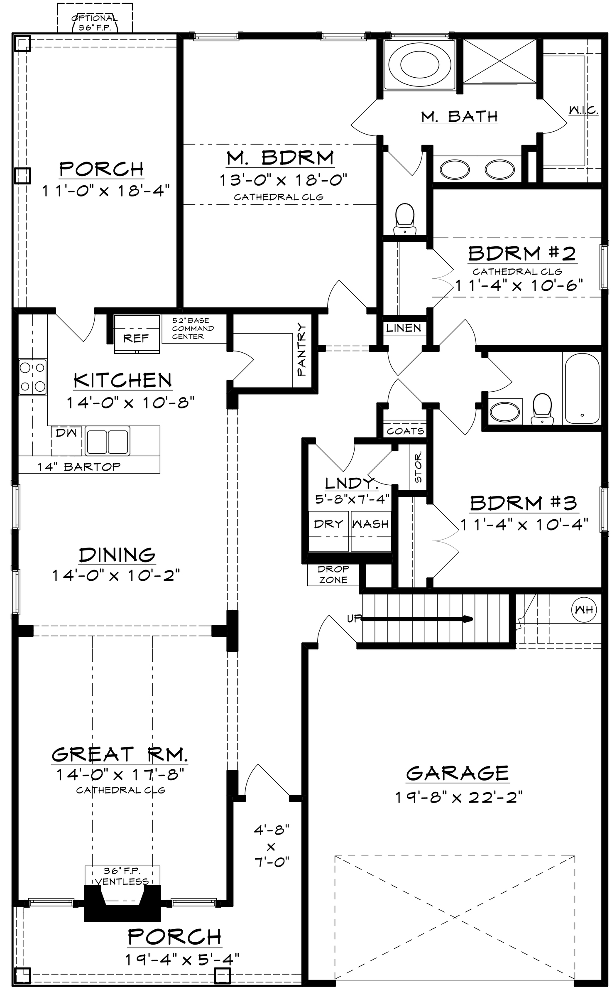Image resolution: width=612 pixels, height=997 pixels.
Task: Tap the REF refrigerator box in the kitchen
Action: point(137,334)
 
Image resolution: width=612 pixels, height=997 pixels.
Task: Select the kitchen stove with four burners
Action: point(32,377)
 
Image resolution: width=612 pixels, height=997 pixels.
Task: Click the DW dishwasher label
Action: point(66,432)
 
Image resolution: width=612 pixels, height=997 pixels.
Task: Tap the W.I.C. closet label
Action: point(583,110)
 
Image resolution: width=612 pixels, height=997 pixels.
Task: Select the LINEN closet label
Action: point(404,328)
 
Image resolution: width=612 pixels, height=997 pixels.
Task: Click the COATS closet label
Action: point(405,431)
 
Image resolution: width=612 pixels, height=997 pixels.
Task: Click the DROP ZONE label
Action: point(333,575)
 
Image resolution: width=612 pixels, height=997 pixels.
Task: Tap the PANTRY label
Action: point(302,350)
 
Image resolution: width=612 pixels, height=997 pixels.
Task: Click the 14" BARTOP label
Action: point(79,467)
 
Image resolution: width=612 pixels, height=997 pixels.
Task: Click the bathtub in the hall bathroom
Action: point(581,388)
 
